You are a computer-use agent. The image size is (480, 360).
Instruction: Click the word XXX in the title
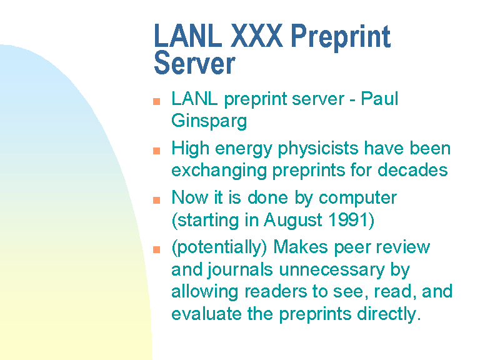tap(256, 36)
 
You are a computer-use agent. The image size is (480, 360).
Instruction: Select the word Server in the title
tap(195, 63)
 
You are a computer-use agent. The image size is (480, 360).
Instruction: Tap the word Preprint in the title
tap(341, 37)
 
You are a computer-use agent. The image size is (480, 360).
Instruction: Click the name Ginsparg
tap(209, 121)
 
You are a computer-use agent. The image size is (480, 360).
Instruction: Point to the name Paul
tap(379, 99)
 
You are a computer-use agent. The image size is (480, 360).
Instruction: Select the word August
tap(293, 221)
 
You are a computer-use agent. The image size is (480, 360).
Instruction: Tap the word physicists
tap(318, 149)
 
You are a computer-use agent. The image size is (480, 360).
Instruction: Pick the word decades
tap(412, 170)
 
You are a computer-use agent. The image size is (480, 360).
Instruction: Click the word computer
tap(357, 198)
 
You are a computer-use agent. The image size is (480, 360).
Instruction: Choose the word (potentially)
tap(219, 247)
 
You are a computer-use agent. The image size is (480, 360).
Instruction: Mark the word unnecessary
tap(332, 270)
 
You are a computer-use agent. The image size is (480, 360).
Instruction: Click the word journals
tap(240, 270)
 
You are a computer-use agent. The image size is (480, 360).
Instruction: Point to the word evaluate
tap(206, 314)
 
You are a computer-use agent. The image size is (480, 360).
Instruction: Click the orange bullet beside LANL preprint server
tap(156, 101)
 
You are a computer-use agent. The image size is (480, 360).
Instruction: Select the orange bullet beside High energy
tap(156, 151)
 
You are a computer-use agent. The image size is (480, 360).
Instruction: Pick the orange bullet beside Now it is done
tap(156, 200)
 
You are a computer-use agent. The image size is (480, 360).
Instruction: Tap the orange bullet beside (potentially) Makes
tap(156, 250)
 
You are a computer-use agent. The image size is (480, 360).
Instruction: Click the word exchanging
tap(219, 171)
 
